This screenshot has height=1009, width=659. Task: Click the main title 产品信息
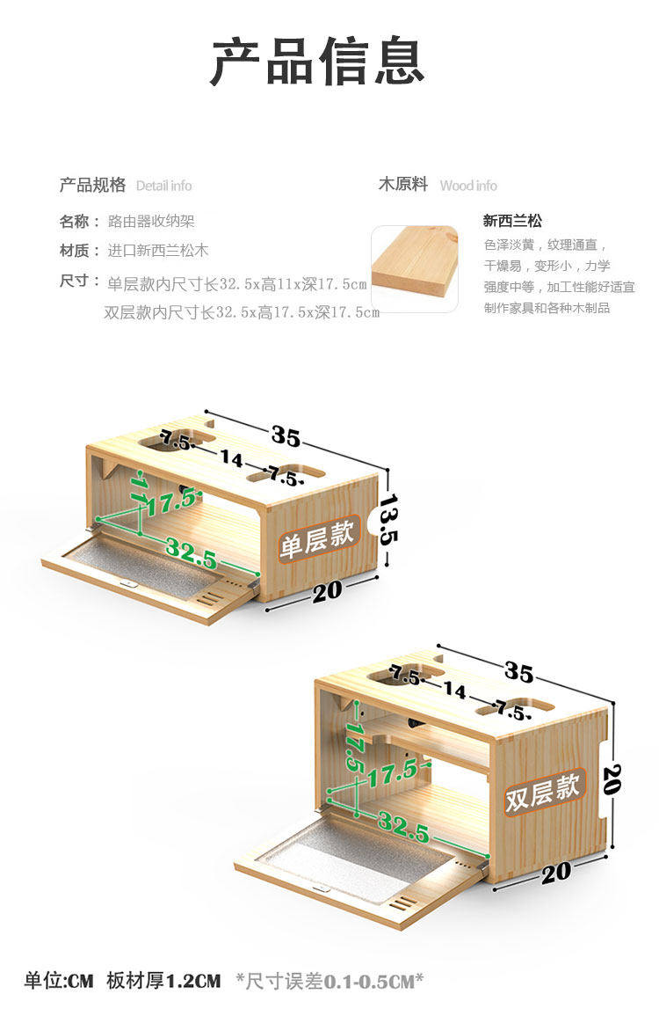[x=317, y=61]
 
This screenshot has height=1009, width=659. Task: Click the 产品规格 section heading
[x=92, y=185]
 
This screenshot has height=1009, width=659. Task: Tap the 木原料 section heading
[x=402, y=185]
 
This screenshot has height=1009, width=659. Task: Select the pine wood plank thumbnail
[x=415, y=268]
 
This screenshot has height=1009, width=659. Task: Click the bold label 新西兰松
[x=512, y=222]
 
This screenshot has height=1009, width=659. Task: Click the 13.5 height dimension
[x=389, y=519]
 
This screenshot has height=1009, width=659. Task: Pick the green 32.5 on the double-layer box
[x=403, y=827]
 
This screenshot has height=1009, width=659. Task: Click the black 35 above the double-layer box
[x=518, y=672]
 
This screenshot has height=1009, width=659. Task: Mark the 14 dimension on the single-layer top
[x=232, y=458]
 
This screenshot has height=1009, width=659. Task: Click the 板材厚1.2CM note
[x=163, y=980]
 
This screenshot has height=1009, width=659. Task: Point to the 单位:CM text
[x=58, y=980]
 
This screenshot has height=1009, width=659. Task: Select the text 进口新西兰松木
[x=158, y=251]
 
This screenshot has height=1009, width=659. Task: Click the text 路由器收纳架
[x=151, y=222]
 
